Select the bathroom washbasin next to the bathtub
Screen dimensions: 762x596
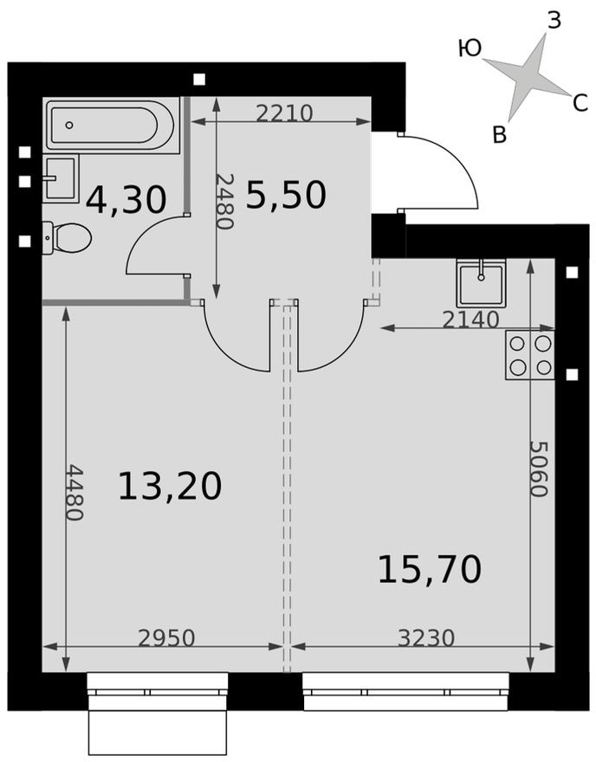pyautogui.click(x=61, y=178)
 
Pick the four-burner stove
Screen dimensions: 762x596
pyautogui.click(x=530, y=355)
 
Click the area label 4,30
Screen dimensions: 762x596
pyautogui.click(x=126, y=200)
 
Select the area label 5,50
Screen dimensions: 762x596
pyautogui.click(x=286, y=196)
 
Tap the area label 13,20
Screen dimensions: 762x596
pyautogui.click(x=170, y=487)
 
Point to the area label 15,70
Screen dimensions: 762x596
pyautogui.click(x=429, y=570)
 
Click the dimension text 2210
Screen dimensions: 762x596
pyautogui.click(x=283, y=113)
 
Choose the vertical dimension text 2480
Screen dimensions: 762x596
pyautogui.click(x=225, y=201)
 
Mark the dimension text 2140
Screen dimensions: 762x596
pyautogui.click(x=470, y=320)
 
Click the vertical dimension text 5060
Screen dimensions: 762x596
pyautogui.click(x=538, y=468)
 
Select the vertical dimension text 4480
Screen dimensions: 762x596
pyautogui.click(x=74, y=493)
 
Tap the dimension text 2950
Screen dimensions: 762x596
pyautogui.click(x=166, y=638)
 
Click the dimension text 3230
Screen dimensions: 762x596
pyautogui.click(x=426, y=638)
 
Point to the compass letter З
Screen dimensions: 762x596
pyautogui.click(x=554, y=21)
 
